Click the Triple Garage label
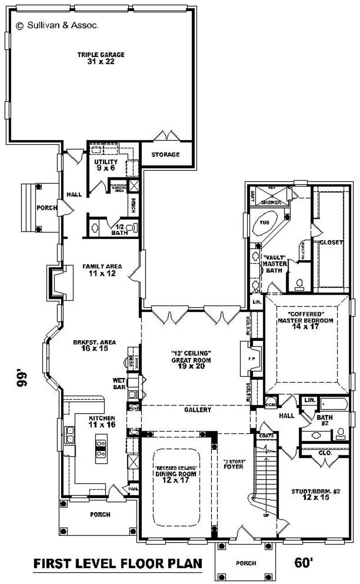pyautogui.click(x=101, y=58)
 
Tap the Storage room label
pyautogui.click(x=165, y=154)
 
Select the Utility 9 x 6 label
pyautogui.click(x=106, y=164)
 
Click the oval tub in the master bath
pyautogui.click(x=266, y=225)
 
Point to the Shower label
pyautogui.click(x=271, y=203)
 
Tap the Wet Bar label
pyautogui.click(x=119, y=383)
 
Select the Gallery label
pyautogui.click(x=198, y=410)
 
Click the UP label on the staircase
pyautogui.click(x=266, y=515)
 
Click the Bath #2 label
pyautogui.click(x=324, y=421)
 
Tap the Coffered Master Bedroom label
pyautogui.click(x=305, y=320)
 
